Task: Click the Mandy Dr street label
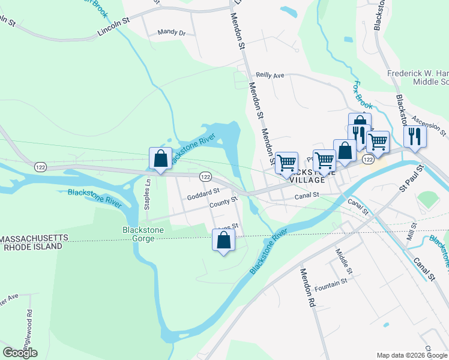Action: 171,32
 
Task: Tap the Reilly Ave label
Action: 270,76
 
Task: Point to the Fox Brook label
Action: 363,93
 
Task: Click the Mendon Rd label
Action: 307,289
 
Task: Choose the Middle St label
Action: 342,261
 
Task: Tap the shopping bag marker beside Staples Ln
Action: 160,159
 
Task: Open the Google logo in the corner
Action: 20,353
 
